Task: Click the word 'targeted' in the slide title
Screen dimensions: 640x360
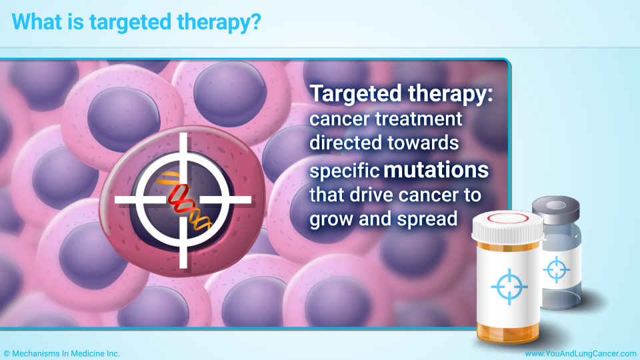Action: point(131,23)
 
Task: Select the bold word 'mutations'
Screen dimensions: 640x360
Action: point(436,169)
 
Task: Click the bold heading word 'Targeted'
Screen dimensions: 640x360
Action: point(356,94)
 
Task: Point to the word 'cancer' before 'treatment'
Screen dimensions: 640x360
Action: point(339,119)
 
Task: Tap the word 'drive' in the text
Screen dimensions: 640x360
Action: point(366,195)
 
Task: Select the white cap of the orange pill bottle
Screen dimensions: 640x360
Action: point(507,226)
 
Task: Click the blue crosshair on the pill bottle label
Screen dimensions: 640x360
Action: point(509,287)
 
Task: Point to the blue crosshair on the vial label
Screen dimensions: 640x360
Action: point(556,270)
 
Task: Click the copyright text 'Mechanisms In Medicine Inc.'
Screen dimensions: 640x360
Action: point(66,354)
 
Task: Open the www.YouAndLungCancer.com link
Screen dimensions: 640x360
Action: point(581,354)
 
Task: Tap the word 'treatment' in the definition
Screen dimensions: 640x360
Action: point(419,119)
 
